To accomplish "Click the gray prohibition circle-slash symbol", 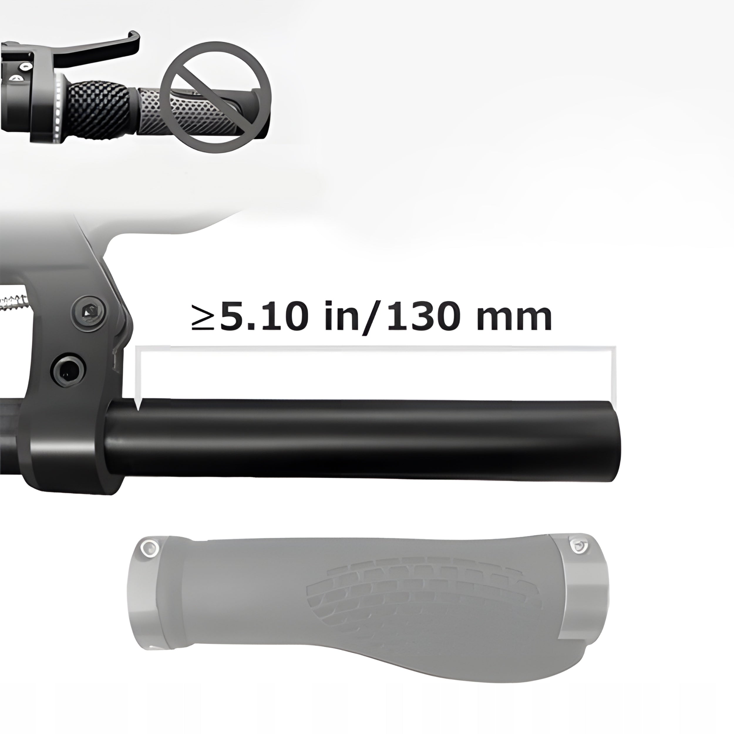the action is point(216,97).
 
